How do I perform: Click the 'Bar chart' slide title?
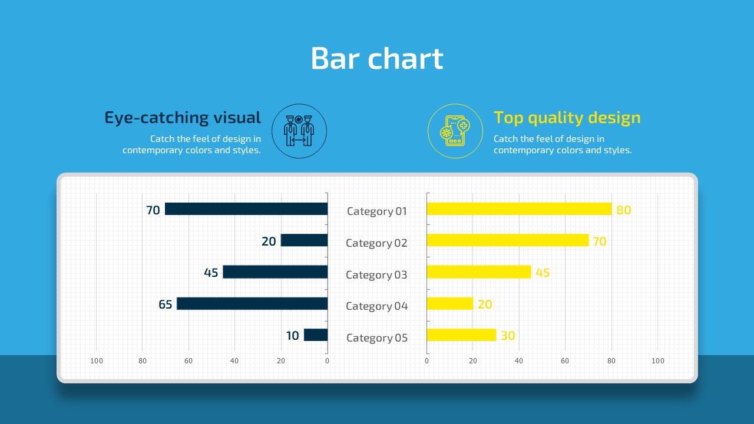(x=376, y=58)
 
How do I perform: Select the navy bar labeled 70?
(x=246, y=209)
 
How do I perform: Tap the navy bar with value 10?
(x=316, y=335)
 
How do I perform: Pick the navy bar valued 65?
(x=252, y=304)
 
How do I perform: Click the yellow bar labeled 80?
(x=519, y=209)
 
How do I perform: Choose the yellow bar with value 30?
(x=461, y=335)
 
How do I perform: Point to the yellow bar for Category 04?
(x=449, y=304)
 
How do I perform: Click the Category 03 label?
(x=376, y=274)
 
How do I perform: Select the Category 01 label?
(x=377, y=211)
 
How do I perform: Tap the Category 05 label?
(x=377, y=337)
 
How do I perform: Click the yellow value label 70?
(x=599, y=241)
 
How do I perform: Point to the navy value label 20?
(x=269, y=241)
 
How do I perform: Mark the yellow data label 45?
(x=542, y=273)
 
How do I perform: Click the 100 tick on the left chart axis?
(x=96, y=361)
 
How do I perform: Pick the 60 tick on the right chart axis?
(x=565, y=361)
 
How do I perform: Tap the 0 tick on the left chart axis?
(x=327, y=361)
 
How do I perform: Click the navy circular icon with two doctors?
(x=299, y=131)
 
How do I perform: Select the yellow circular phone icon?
(x=455, y=131)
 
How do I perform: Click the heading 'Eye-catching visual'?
(x=183, y=118)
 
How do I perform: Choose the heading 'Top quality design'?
(x=567, y=118)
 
